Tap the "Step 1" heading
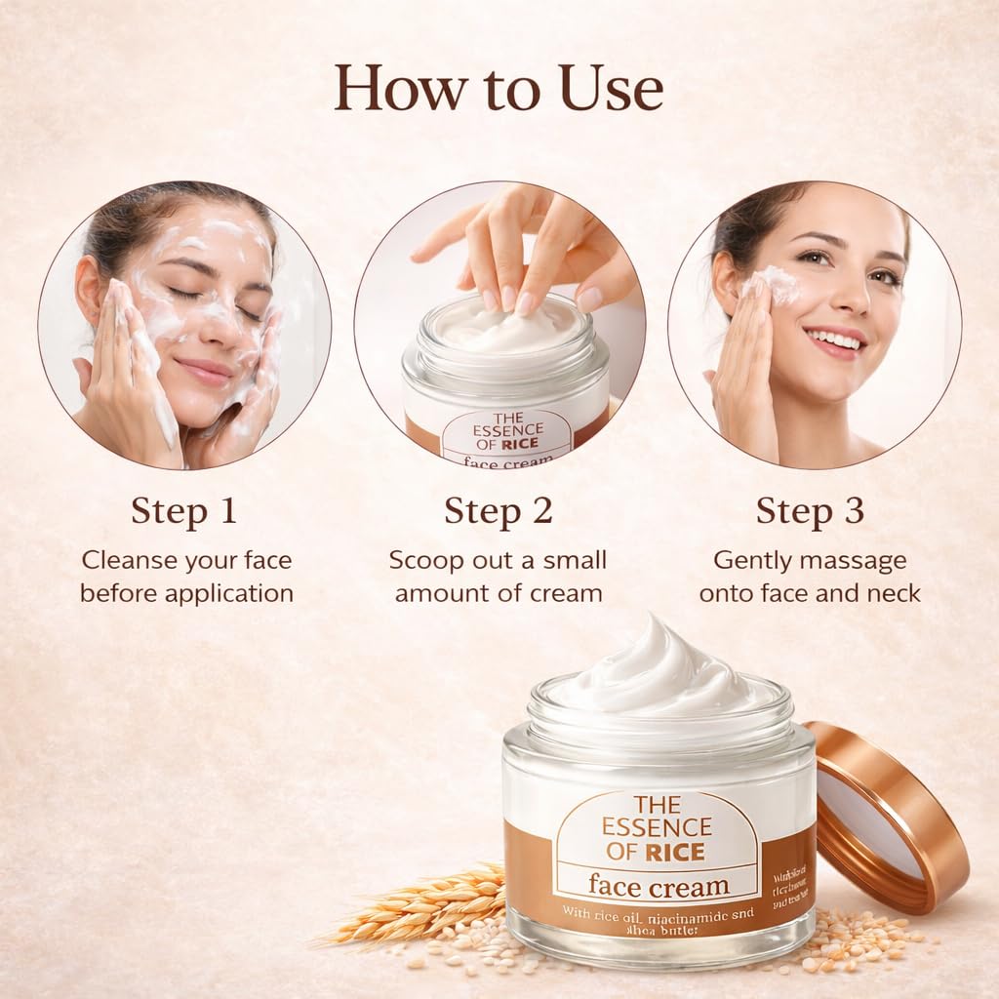click(184, 511)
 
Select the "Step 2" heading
click(499, 511)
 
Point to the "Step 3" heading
click(810, 511)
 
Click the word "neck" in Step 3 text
click(893, 592)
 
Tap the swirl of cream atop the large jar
click(659, 673)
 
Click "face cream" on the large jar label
click(659, 886)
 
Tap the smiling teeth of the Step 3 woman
click(835, 340)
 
